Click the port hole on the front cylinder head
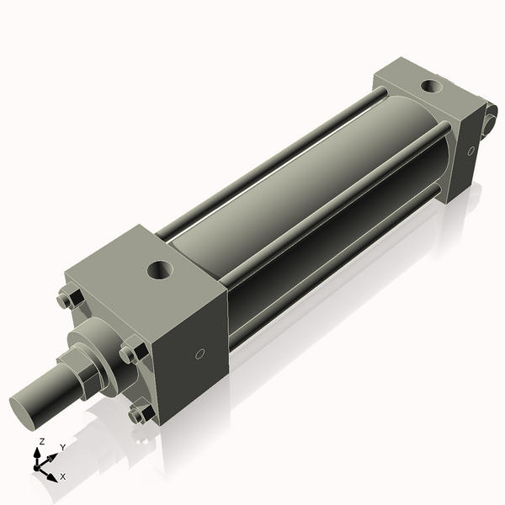[x=158, y=270]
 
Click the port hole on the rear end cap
[x=432, y=85]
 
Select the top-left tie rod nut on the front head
[x=68, y=299]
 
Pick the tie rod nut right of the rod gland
[x=130, y=353]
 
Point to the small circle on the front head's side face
[x=199, y=354]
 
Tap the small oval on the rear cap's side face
[x=471, y=151]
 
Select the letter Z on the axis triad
[x=42, y=441]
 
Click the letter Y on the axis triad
[x=62, y=447]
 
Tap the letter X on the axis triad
[x=63, y=476]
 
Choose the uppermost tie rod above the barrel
[x=269, y=160]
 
